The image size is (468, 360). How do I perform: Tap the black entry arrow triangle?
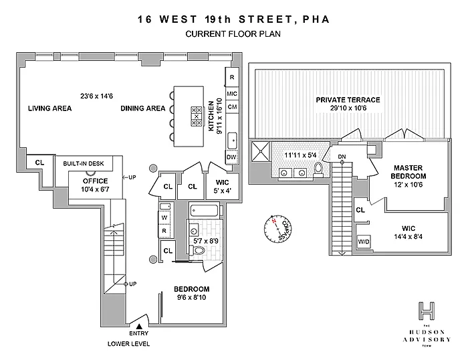tap(139, 326)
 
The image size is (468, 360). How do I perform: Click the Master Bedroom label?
tap(410, 171)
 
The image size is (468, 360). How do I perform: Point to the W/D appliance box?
tap(364, 241)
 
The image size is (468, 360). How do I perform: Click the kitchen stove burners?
tap(197, 116)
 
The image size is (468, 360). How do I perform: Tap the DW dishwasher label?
tap(232, 157)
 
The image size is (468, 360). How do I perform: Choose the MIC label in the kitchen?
tap(232, 94)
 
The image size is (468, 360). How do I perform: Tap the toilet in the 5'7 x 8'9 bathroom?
tap(198, 250)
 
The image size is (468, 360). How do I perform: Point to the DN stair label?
tap(342, 157)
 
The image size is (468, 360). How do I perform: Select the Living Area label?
tap(45, 108)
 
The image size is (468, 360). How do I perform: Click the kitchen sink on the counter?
tap(232, 141)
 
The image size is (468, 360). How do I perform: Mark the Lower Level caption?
tap(128, 344)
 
